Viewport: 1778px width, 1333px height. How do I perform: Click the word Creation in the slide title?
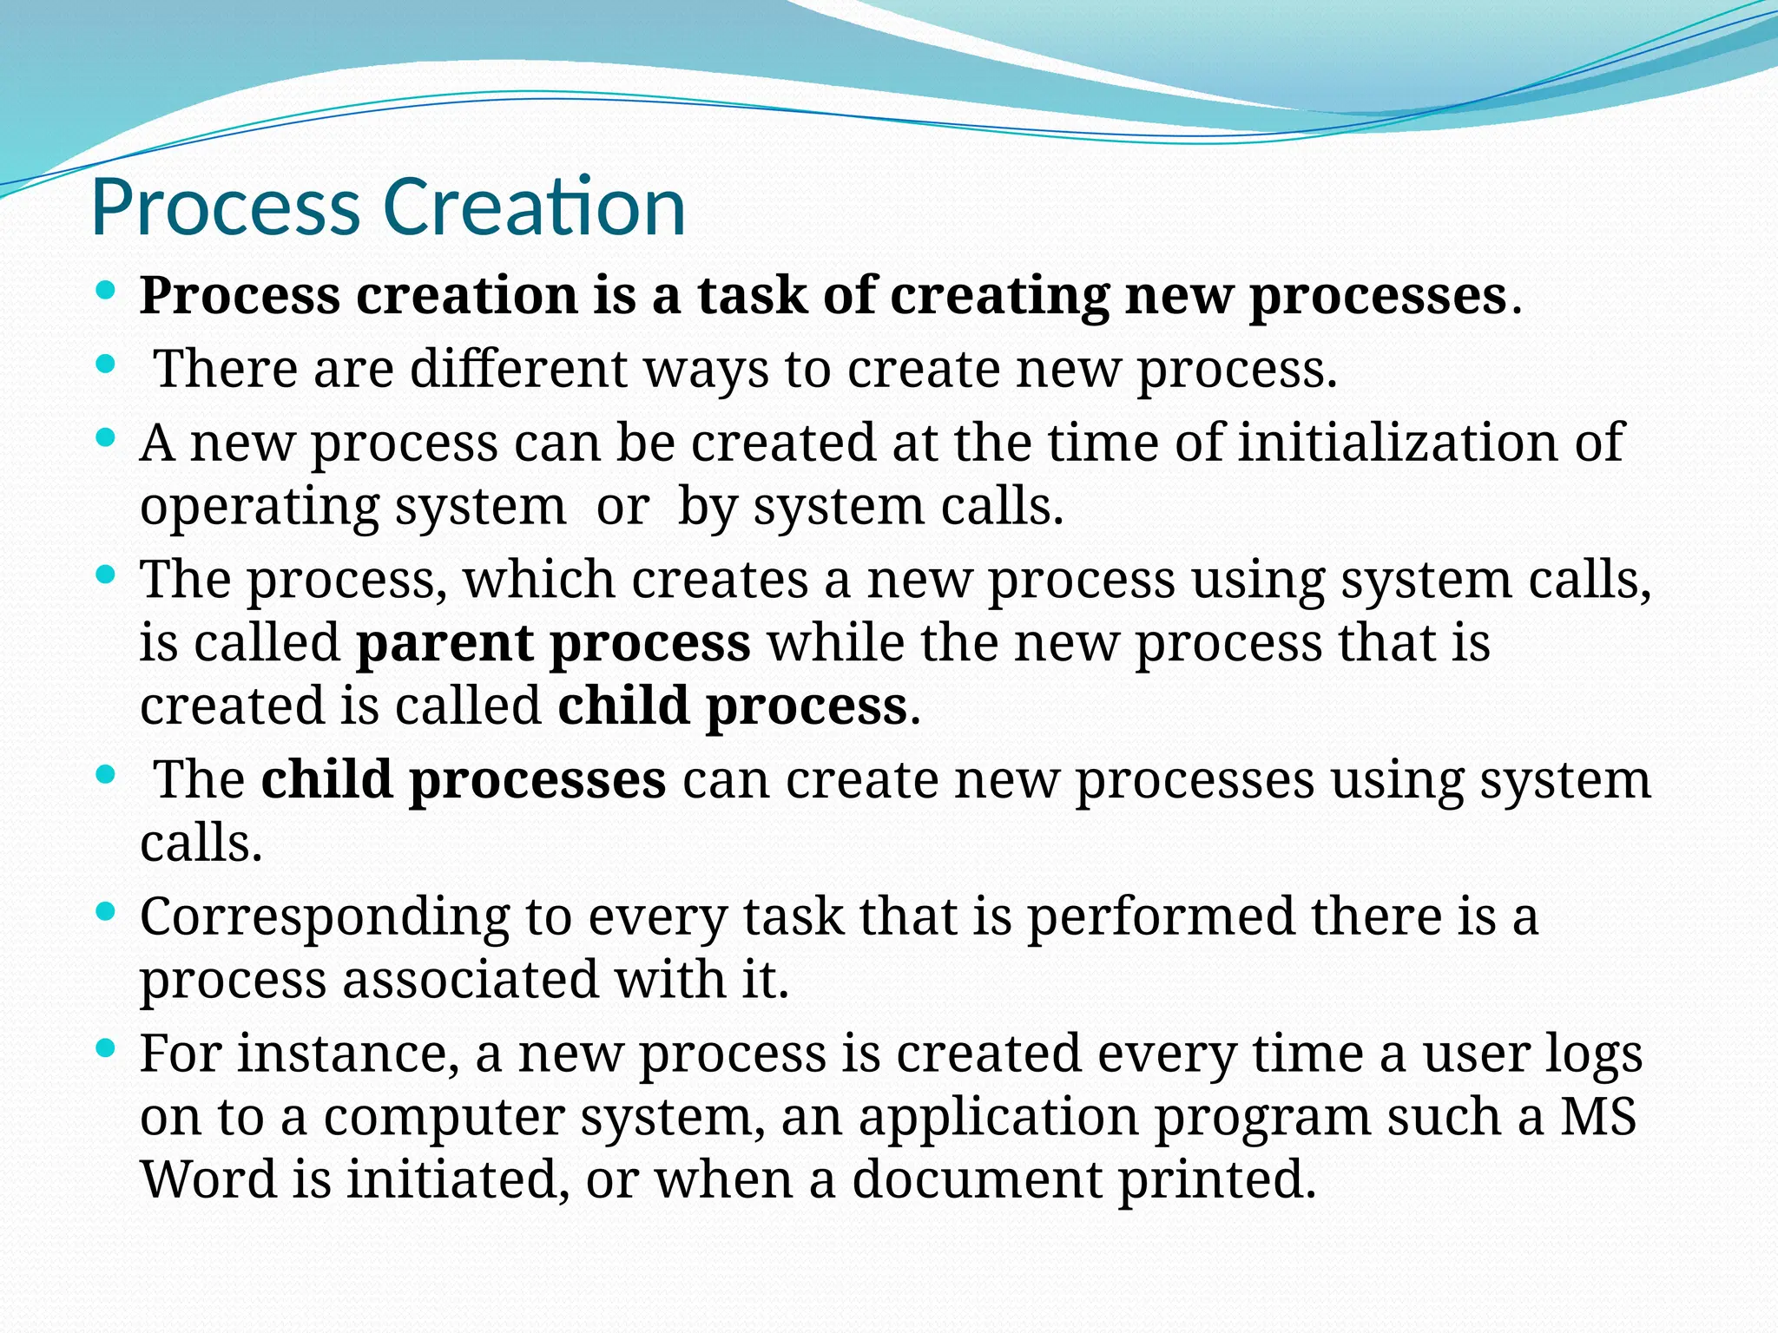point(534,207)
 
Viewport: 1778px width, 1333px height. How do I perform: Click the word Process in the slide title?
point(225,209)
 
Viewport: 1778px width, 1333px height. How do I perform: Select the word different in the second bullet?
point(518,368)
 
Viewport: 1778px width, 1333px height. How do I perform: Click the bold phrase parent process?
point(553,644)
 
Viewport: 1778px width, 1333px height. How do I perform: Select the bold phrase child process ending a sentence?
point(732,706)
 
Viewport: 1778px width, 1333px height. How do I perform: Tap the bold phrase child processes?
point(463,780)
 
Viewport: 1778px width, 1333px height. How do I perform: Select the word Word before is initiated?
point(207,1180)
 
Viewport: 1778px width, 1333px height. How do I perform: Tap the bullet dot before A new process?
point(105,439)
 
